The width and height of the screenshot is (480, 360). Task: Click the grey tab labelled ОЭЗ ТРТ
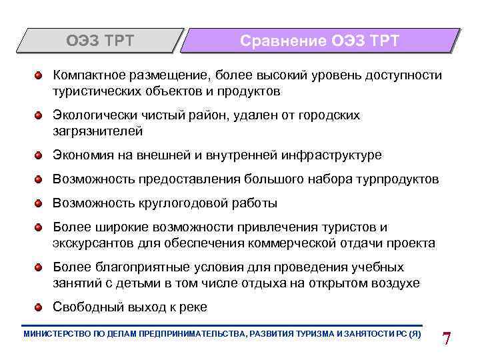coord(100,41)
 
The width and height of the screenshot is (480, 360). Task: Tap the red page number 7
coord(447,337)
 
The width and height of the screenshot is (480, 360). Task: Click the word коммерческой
coord(300,243)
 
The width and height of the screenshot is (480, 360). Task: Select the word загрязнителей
coord(98,131)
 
